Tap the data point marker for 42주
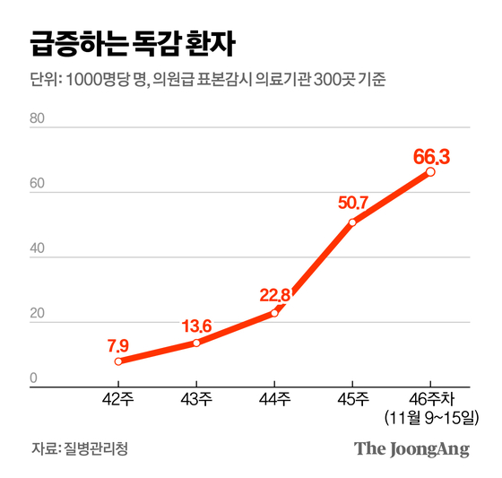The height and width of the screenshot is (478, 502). pos(118,361)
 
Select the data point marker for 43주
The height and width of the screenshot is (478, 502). pos(196,343)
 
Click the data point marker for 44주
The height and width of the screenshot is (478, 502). pos(274,313)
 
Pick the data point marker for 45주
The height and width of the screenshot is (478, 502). pos(352,222)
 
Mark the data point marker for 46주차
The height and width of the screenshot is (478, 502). pos(430,171)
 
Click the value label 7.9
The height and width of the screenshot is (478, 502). pos(118,343)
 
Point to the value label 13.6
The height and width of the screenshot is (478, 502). pos(195,325)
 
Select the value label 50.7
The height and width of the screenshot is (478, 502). pos(352,203)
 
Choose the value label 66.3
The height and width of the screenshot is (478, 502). pos(431,158)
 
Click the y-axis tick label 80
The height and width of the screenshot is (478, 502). pos(38,117)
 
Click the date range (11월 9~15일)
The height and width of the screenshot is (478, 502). pos(430,418)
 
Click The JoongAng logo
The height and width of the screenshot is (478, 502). pos(411,448)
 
